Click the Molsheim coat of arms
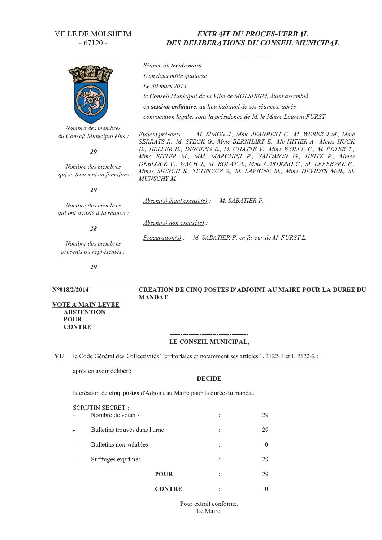[89, 94]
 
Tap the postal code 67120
[93, 43]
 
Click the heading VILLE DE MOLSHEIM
[93, 34]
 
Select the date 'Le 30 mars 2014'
[165, 86]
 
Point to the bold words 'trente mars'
[186, 66]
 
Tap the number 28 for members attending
[94, 228]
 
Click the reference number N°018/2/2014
[70, 290]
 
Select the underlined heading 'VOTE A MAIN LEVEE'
[86, 304]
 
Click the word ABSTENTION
[84, 312]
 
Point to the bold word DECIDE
[209, 378]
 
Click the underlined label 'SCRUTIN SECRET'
[99, 408]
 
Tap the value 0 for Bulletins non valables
[266, 444]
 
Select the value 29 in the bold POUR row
[265, 474]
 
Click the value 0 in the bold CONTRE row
[266, 489]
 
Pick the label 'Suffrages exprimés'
[116, 459]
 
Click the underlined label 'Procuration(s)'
[162, 237]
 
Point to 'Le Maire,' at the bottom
[209, 511]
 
